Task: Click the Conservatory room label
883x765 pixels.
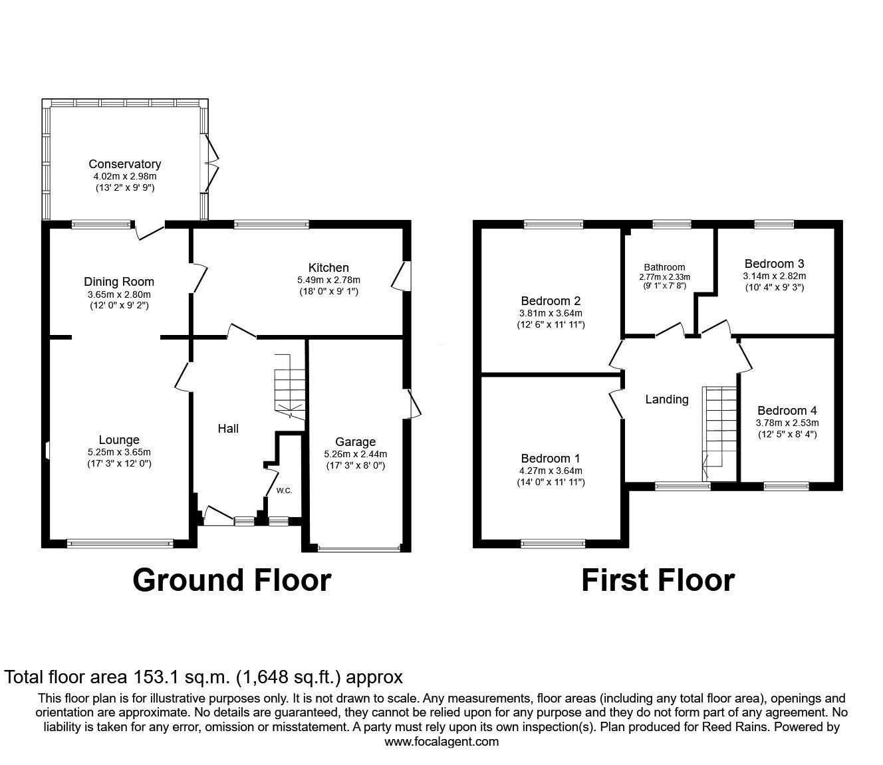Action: click(x=124, y=164)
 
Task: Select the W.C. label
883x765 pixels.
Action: click(x=285, y=491)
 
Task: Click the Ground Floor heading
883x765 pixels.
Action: click(x=231, y=580)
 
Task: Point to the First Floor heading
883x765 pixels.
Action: click(x=658, y=580)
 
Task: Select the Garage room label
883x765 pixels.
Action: click(x=355, y=442)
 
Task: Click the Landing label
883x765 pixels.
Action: click(x=667, y=399)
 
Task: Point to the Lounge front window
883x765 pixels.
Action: click(x=120, y=544)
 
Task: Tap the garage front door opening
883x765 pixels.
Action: click(x=359, y=548)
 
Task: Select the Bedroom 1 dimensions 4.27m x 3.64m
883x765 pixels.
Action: click(x=550, y=471)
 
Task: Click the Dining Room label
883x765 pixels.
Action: click(x=119, y=282)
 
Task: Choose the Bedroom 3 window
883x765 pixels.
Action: click(x=774, y=225)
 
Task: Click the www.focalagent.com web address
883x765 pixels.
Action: click(x=442, y=742)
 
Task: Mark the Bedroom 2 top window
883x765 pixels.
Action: click(x=553, y=225)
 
